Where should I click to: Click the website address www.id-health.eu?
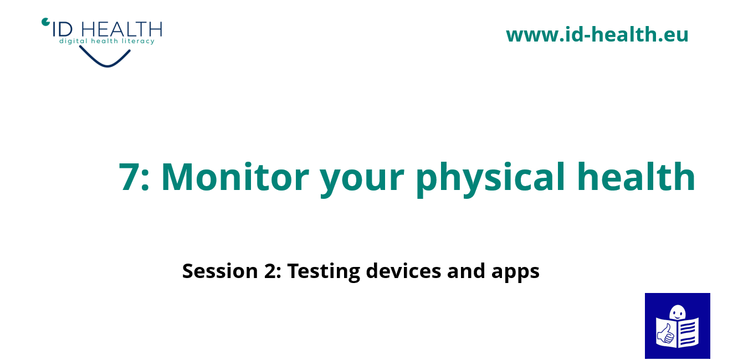point(597,34)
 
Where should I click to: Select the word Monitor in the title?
point(235,177)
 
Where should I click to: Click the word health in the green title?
point(636,176)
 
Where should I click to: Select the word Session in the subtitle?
point(220,271)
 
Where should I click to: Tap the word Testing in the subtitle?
point(324,272)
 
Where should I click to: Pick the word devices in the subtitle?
point(403,270)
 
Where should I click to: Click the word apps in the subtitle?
point(515,272)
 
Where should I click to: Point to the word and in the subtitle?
point(466,270)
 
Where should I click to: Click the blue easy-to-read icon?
point(678,326)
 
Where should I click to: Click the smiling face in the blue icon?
point(678,312)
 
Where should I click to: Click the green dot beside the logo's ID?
point(45,22)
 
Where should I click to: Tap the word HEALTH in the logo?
point(121,29)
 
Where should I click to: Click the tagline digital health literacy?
point(107,41)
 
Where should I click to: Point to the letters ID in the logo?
point(63,29)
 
